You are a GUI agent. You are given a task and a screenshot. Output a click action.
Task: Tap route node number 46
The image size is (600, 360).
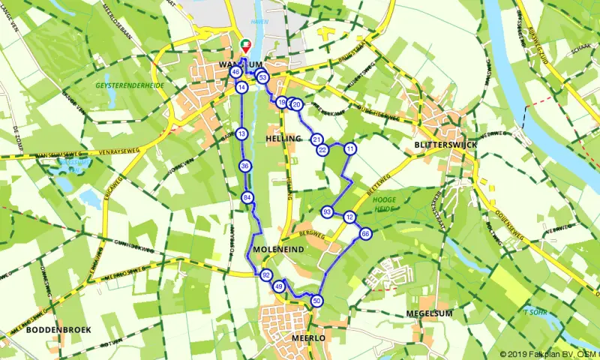pyautogui.click(x=235, y=72)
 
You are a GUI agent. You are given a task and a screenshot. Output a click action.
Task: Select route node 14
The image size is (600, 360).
pyautogui.click(x=241, y=88)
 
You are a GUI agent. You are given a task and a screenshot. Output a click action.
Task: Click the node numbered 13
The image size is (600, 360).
pyautogui.click(x=241, y=133)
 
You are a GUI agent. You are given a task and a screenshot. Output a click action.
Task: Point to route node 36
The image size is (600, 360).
pyautogui.click(x=245, y=166)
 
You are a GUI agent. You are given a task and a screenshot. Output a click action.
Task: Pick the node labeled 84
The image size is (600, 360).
pyautogui.click(x=247, y=197)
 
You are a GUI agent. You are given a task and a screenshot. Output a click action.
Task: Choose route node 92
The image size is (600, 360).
pyautogui.click(x=265, y=275)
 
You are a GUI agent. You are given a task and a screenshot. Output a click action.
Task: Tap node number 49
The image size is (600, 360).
pyautogui.click(x=279, y=286)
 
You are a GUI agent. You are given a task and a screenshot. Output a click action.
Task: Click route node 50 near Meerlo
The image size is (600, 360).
pyautogui.click(x=318, y=301)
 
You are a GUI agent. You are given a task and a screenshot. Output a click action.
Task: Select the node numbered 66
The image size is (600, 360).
pyautogui.click(x=365, y=234)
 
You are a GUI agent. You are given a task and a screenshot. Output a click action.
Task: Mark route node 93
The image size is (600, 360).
pyautogui.click(x=327, y=212)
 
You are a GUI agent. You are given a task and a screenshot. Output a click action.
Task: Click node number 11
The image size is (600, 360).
pyautogui.click(x=349, y=149)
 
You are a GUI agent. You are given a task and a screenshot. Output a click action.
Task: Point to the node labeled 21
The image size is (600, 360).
pyautogui.click(x=316, y=139)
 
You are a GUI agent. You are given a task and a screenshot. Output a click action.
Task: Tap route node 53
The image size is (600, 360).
pyautogui.click(x=262, y=77)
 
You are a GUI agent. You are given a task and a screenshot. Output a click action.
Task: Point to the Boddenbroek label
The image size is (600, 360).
pyautogui.click(x=53, y=329)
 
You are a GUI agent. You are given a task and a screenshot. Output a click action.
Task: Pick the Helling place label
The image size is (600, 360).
pyautogui.click(x=283, y=139)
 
